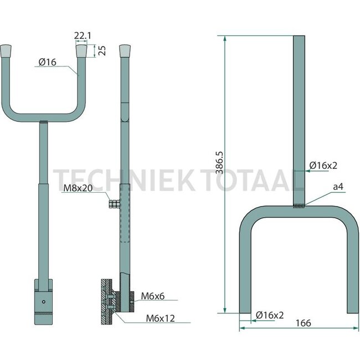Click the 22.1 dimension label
click(83, 36)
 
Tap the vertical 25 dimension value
click(102, 51)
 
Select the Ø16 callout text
click(47, 62)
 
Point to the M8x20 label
click(78, 188)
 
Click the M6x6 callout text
click(153, 296)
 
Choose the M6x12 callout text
click(161, 318)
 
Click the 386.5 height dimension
click(219, 162)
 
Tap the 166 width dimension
click(304, 323)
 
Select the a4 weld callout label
click(338, 187)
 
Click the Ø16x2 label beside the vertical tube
click(323, 165)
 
